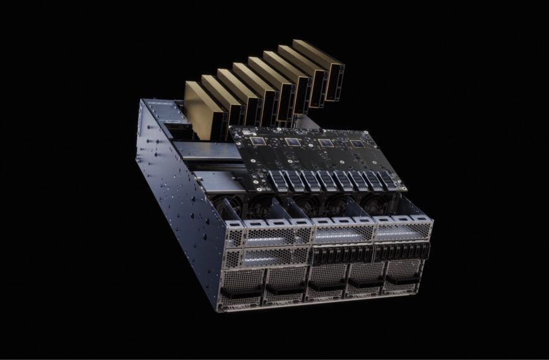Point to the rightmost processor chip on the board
point(357,144)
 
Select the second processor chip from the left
point(292,142)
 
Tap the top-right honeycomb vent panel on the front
point(404,231)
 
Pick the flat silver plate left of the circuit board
point(202,150)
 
